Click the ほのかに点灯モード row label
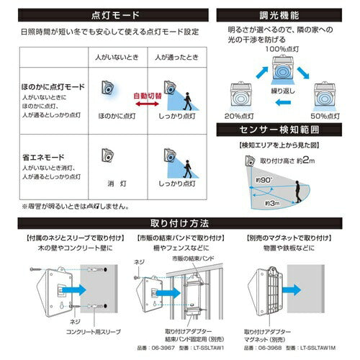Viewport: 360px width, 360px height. (x=45, y=85)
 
